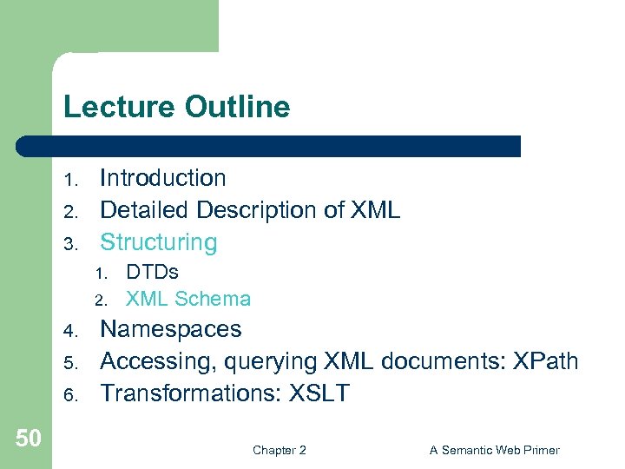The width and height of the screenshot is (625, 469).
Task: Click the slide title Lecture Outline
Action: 176,108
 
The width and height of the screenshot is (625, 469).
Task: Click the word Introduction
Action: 162,178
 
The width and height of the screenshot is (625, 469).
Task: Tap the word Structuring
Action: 158,242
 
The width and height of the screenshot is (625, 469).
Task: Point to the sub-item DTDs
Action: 152,272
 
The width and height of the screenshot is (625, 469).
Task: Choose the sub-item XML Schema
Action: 188,299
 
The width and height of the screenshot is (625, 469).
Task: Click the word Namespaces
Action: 171,329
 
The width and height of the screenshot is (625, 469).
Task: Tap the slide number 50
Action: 28,439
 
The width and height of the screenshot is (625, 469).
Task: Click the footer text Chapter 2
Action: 279,450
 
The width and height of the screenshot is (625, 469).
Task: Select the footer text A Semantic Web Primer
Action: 494,450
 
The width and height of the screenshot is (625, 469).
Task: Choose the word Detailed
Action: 144,210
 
